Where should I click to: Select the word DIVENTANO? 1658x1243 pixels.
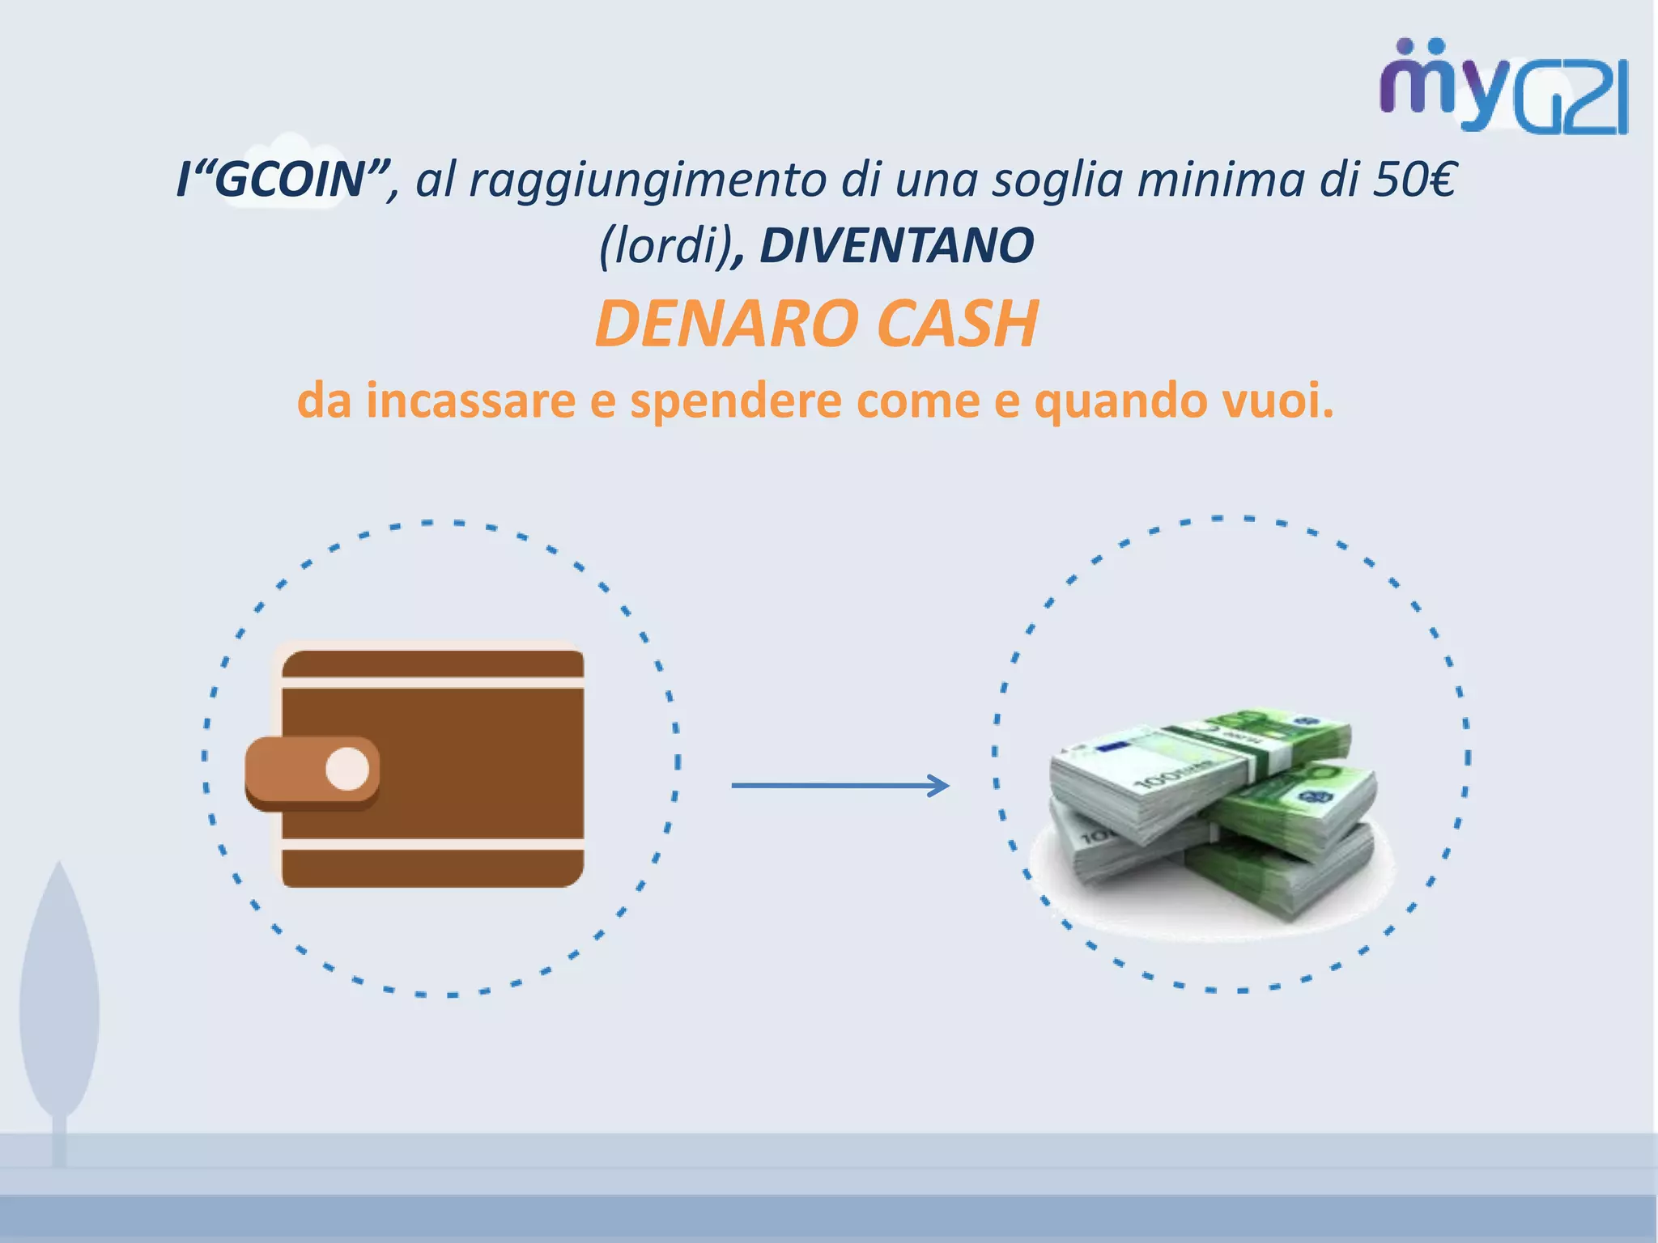[x=896, y=246]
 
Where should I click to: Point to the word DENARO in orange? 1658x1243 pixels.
[x=726, y=324]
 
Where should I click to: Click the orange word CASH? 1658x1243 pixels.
[x=958, y=324]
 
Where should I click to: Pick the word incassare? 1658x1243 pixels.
[x=470, y=401]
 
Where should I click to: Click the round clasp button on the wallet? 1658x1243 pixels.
[x=347, y=769]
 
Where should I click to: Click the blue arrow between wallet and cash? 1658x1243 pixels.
[x=840, y=785]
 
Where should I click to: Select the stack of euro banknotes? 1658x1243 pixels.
[x=1212, y=817]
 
